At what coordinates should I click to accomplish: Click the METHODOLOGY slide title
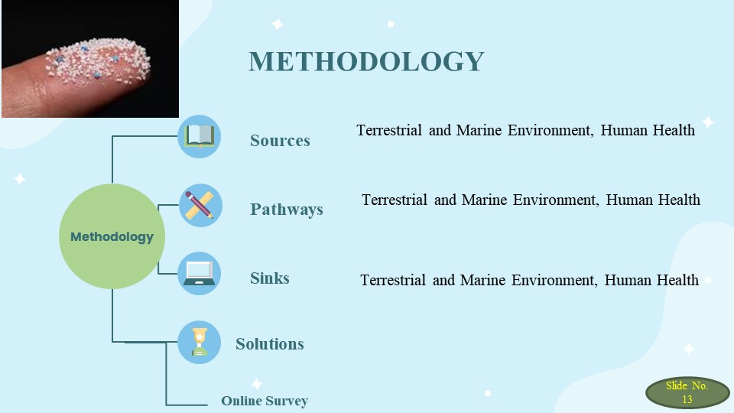[x=366, y=61]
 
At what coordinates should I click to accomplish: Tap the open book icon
[x=200, y=136]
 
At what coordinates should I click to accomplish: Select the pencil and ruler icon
[x=200, y=205]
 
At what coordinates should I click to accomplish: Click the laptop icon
[x=200, y=274]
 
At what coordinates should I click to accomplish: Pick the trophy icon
[x=200, y=343]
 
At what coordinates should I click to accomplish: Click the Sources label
[x=280, y=141]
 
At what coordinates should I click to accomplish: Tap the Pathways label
[x=287, y=210]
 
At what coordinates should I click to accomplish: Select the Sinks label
[x=270, y=278]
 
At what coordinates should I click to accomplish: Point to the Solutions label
[x=270, y=343]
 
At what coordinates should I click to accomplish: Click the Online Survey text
[x=265, y=401]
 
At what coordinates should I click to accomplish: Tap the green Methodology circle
[x=112, y=236]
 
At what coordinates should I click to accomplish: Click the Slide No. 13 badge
[x=687, y=392]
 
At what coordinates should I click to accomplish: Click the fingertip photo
[x=90, y=59]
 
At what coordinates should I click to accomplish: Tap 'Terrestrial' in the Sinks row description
[x=393, y=280]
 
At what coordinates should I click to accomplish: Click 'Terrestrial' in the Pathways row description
[x=395, y=200]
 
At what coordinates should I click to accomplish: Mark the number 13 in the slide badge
[x=687, y=399]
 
